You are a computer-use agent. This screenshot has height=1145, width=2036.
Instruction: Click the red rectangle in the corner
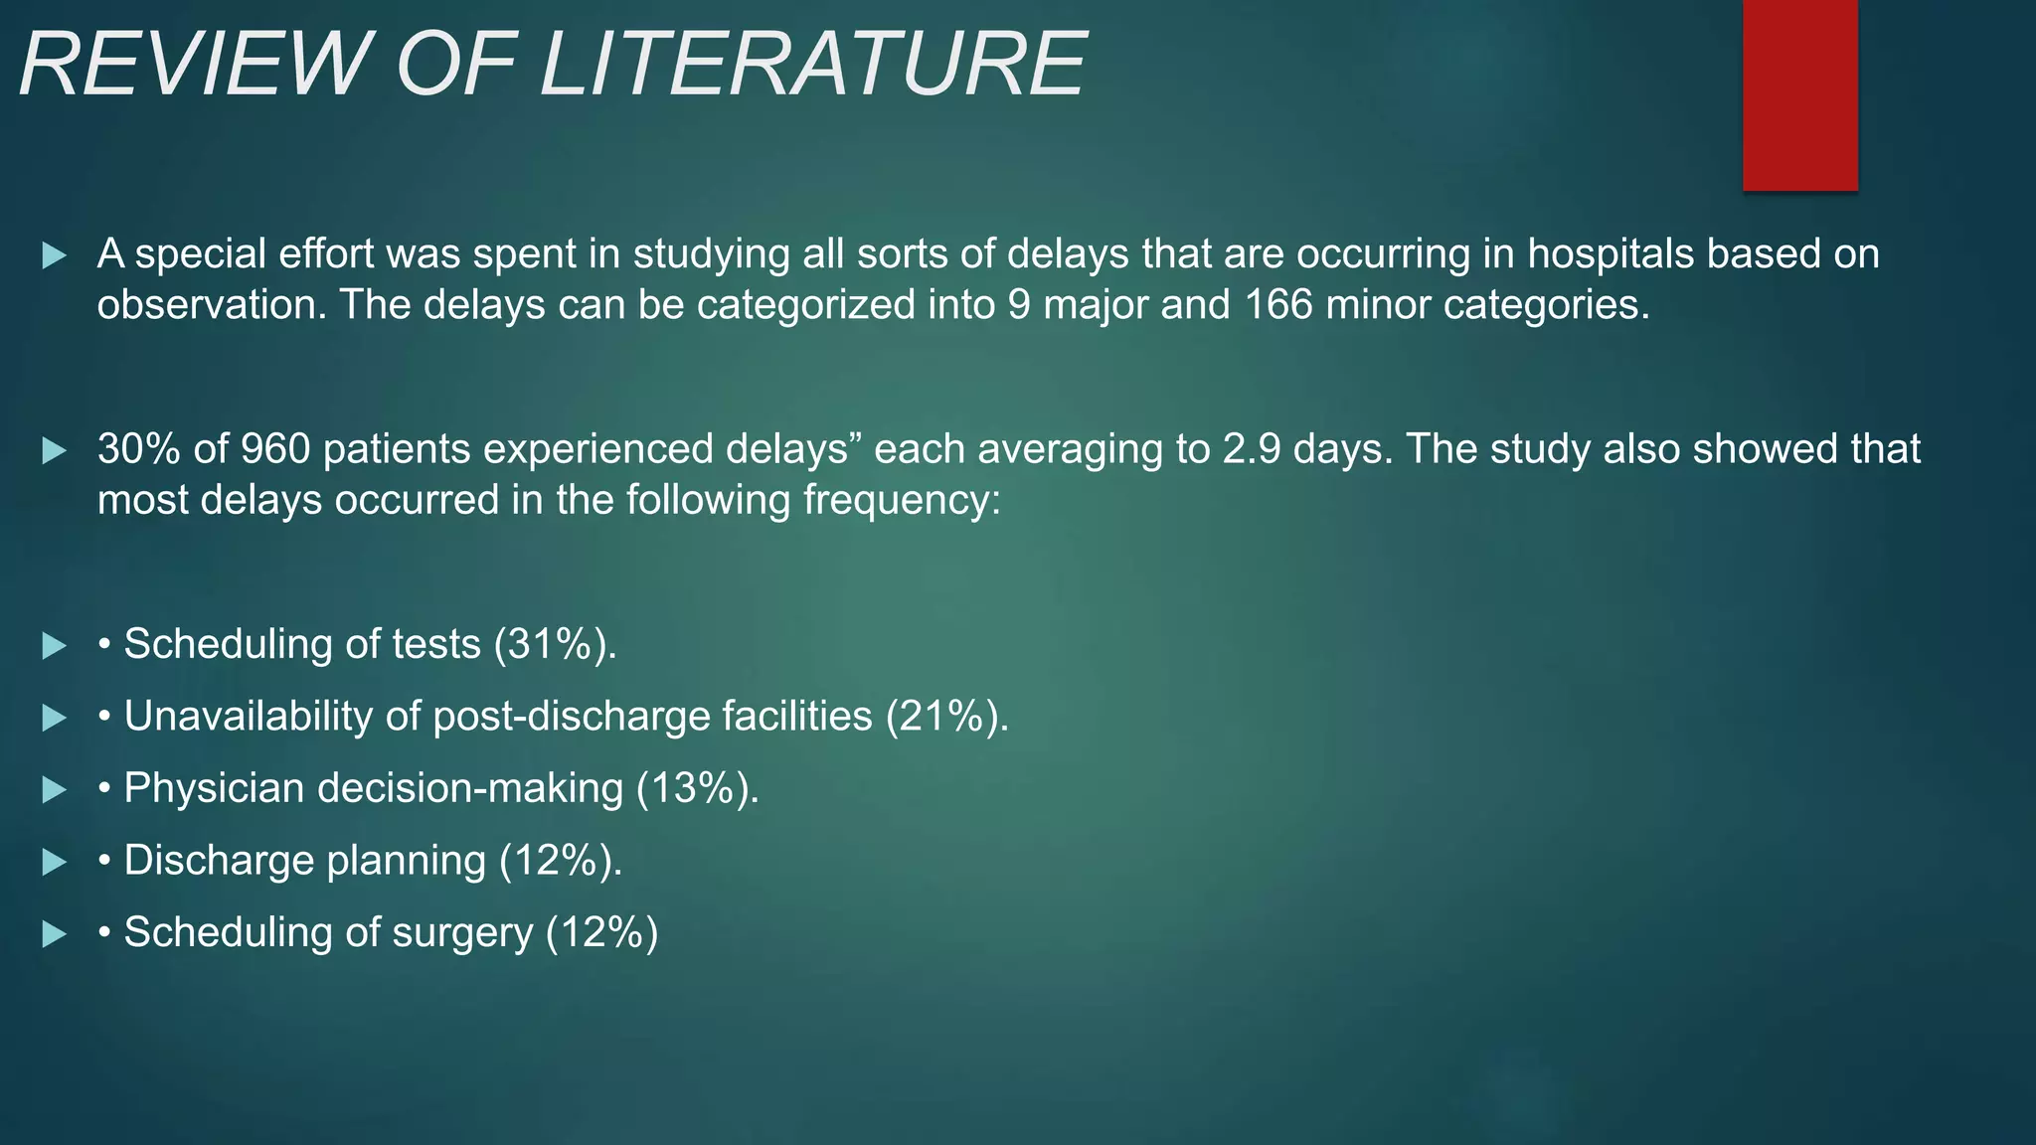tap(1799, 95)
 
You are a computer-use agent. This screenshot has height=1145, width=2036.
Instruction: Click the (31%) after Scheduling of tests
tap(555, 644)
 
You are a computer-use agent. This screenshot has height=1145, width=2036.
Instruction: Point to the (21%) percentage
tap(946, 717)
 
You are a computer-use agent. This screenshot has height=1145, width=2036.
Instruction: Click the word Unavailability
tap(248, 717)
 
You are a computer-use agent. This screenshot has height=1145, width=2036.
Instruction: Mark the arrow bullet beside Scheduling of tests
tap(55, 646)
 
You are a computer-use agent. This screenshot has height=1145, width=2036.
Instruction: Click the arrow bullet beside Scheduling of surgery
tap(55, 934)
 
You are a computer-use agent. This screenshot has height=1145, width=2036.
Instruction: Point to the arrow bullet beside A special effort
tap(55, 255)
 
